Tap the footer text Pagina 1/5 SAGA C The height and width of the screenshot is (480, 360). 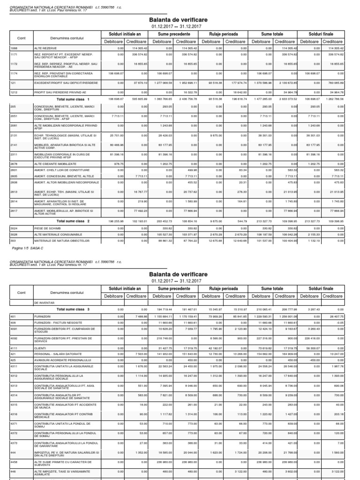pyautogui.click(x=27, y=247)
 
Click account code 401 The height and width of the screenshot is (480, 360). pyautogui.click(x=12, y=316)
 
